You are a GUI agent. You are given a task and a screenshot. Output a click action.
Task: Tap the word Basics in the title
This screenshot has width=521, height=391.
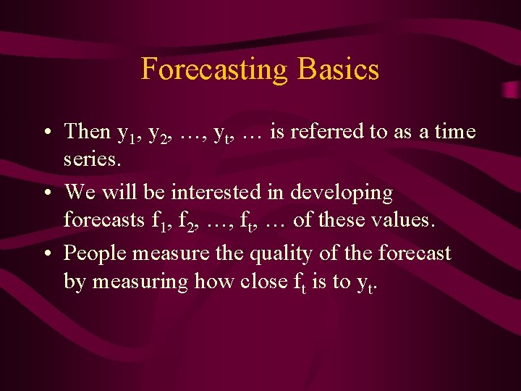click(x=337, y=70)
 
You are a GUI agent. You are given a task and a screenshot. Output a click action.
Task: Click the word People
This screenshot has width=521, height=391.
click(x=97, y=253)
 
